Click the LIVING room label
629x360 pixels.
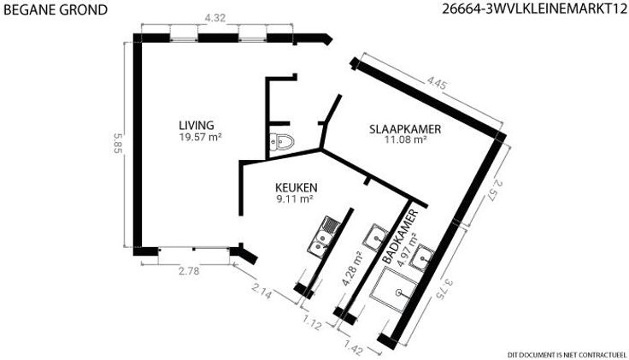[x=197, y=125]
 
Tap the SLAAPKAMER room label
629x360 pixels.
[x=405, y=129]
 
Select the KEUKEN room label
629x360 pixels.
[x=296, y=187]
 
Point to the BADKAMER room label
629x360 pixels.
[x=400, y=237]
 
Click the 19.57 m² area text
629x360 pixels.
[x=201, y=138]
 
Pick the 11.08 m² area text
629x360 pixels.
[x=405, y=139]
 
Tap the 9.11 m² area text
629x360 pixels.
[x=295, y=198]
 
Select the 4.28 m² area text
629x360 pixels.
[x=352, y=269]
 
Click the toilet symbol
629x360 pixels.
[x=282, y=142]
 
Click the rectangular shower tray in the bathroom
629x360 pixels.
[x=393, y=289]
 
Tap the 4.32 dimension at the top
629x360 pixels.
[x=215, y=18]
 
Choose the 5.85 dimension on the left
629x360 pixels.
[x=117, y=144]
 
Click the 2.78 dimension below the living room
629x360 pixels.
[x=189, y=271]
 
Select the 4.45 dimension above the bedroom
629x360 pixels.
[x=437, y=84]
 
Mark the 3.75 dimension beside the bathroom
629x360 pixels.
[x=444, y=289]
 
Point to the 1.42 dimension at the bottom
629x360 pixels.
[x=354, y=347]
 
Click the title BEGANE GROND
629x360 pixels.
[x=56, y=9]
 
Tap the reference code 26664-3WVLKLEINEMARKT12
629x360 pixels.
[x=534, y=9]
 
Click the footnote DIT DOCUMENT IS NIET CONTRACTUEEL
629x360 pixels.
[x=567, y=355]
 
